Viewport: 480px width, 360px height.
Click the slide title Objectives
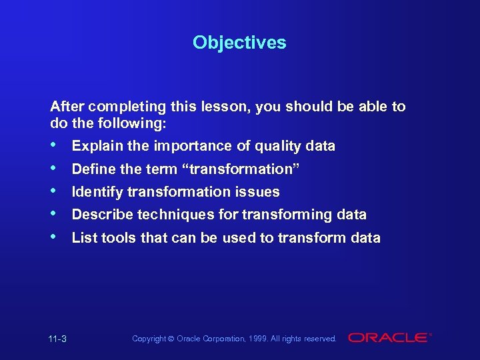tap(239, 43)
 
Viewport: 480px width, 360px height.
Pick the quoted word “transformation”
tap(244, 169)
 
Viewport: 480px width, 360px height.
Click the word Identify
tap(97, 192)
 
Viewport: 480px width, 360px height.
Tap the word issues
tap(259, 192)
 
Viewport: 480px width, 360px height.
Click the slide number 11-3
tap(59, 339)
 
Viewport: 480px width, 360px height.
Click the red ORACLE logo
tap(388, 338)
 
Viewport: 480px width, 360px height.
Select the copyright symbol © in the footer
tap(171, 339)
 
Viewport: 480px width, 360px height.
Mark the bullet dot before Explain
tap(54, 145)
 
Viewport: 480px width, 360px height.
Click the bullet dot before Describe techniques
tap(54, 214)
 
